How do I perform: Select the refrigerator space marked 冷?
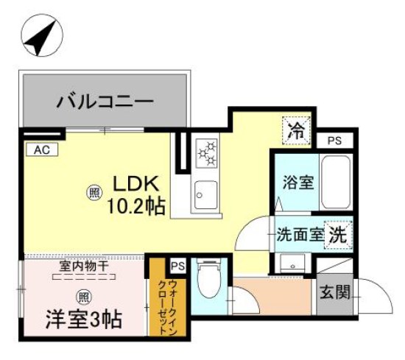297,133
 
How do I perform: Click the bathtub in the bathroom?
337,182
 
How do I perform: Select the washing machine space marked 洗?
338,236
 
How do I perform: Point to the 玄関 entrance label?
334,292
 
